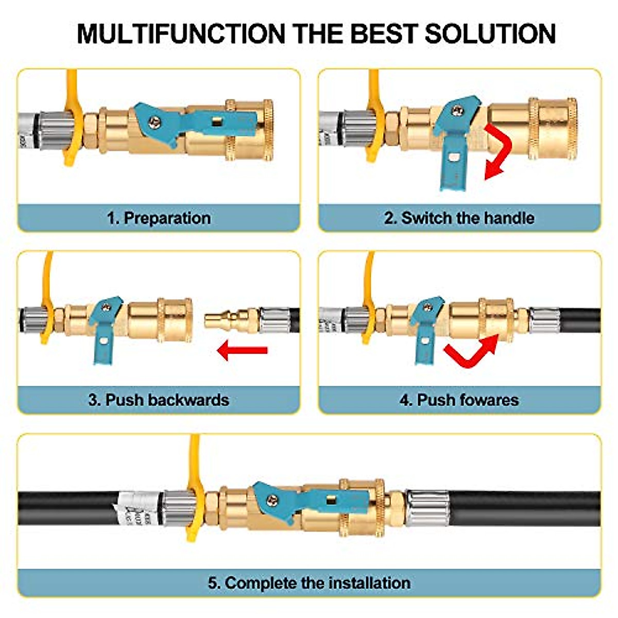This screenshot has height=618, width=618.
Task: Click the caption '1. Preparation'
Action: point(159,218)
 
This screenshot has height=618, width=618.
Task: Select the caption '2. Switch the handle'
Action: point(459,218)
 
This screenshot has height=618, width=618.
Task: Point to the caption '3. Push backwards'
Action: point(159,400)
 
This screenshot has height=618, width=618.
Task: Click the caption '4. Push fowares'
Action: point(459,400)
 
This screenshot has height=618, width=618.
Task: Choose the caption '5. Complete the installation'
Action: point(309,583)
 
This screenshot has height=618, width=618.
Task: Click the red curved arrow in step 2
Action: point(496,149)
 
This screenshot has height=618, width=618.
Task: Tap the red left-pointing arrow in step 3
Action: point(242,351)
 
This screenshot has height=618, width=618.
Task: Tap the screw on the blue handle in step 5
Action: point(271,499)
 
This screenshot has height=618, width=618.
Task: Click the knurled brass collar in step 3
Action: point(175,320)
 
